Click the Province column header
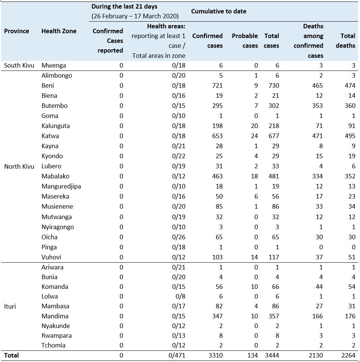[16, 31]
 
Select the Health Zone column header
[59, 31]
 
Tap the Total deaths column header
[345, 41]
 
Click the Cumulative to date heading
[218, 11]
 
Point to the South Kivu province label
[19, 65]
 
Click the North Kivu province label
[19, 166]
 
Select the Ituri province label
[10, 306]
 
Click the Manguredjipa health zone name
[61, 186]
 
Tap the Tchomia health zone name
[53, 345]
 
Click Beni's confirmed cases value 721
[217, 85]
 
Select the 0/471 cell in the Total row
[177, 355]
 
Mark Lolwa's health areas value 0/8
[180, 296]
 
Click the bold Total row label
[11, 355]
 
